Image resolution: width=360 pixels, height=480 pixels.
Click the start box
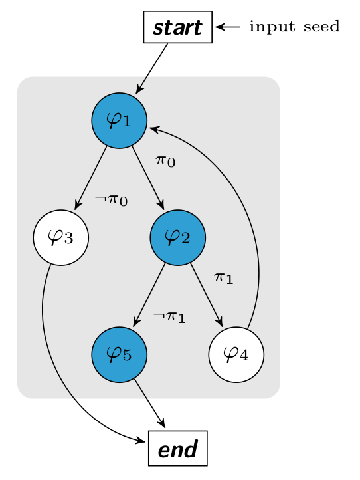click(x=178, y=27)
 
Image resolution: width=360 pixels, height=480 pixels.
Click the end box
click(x=178, y=449)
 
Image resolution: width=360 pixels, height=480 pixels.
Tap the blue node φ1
click(x=120, y=120)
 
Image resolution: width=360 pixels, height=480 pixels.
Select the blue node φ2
click(x=178, y=237)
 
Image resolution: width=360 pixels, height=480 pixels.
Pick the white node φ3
click(x=61, y=237)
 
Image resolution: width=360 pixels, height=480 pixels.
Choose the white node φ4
click(x=236, y=354)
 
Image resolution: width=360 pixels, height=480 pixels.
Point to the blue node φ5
click(x=120, y=354)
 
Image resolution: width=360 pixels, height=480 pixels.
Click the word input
click(x=272, y=27)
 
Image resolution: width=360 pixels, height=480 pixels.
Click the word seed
click(x=321, y=27)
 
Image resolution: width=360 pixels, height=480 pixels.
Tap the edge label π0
click(x=165, y=161)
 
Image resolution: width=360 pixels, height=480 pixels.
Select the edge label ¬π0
click(x=111, y=200)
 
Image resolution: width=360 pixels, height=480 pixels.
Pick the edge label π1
click(x=224, y=278)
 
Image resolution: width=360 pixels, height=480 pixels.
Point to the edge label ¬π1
click(x=169, y=317)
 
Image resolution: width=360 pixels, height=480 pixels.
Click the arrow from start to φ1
click(x=151, y=68)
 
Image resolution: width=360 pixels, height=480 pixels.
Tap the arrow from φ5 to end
click(x=149, y=403)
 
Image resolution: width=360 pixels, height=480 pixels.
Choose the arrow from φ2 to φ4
click(x=207, y=295)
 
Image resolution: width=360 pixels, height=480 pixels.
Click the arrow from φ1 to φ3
click(x=91, y=178)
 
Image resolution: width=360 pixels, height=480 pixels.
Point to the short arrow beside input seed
click(x=228, y=27)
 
